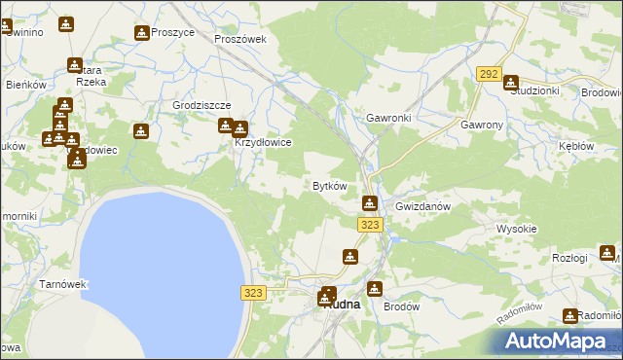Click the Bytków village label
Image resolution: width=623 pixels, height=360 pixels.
(329, 185)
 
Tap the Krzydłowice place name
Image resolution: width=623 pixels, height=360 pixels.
(262, 142)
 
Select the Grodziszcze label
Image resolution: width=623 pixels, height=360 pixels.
(201, 105)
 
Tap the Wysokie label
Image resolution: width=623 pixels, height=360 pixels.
(517, 229)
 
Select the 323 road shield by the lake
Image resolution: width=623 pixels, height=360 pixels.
(253, 292)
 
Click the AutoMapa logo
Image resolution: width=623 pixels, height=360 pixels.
(558, 341)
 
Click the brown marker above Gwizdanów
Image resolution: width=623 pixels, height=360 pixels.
(370, 202)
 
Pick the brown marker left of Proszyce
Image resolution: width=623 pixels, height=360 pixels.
(142, 33)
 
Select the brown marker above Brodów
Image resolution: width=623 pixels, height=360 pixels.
(374, 288)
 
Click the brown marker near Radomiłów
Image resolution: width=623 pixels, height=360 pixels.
(570, 315)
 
